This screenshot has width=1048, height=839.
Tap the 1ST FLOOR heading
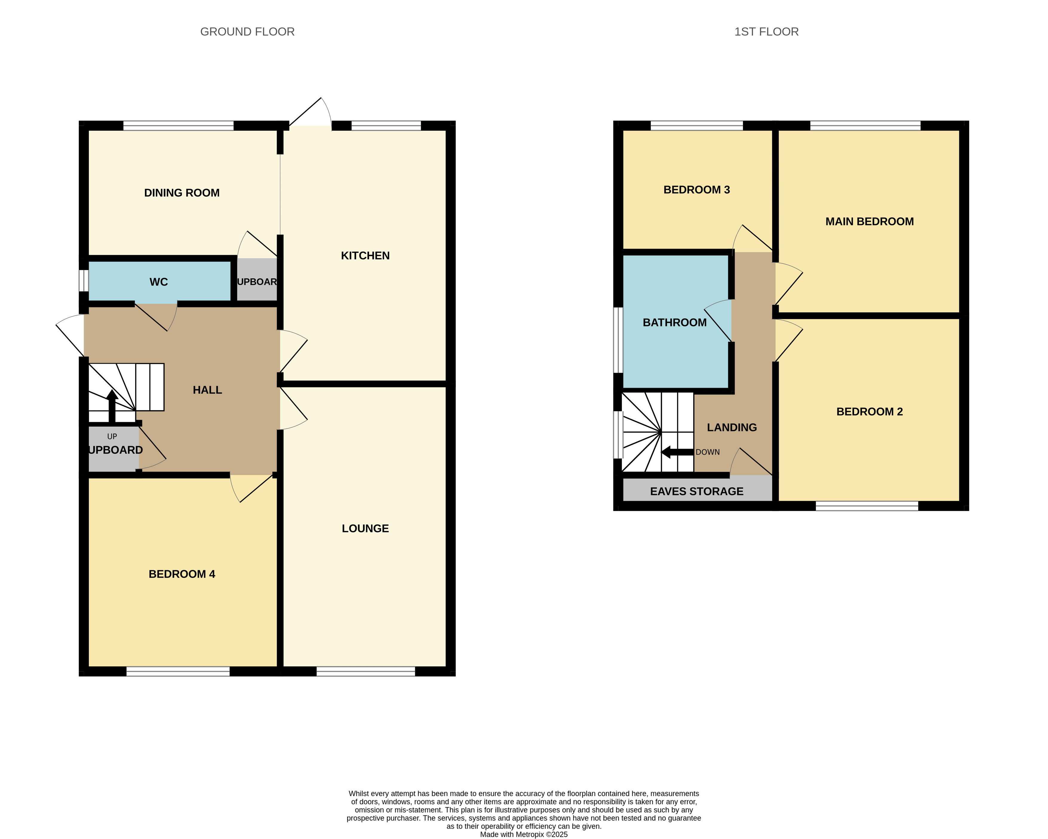click(x=766, y=32)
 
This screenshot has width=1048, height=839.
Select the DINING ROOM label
click(x=182, y=193)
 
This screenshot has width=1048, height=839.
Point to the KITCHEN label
click(x=365, y=256)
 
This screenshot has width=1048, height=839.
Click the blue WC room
click(x=159, y=282)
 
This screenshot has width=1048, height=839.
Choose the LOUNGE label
click(x=365, y=529)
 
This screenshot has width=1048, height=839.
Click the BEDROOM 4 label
click(x=182, y=574)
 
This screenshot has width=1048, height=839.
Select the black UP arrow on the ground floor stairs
click(x=112, y=406)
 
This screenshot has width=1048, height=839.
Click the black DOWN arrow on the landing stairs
click(x=677, y=452)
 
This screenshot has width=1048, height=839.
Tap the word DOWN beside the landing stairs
click(x=707, y=452)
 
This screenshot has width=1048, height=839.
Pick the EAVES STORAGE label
click(x=697, y=492)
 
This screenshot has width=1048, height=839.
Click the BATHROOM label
click(x=675, y=323)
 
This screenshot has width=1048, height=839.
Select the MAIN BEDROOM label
click(x=870, y=222)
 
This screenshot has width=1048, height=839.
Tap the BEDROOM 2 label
click(x=870, y=412)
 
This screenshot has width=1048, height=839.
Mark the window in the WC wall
click(x=84, y=280)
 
